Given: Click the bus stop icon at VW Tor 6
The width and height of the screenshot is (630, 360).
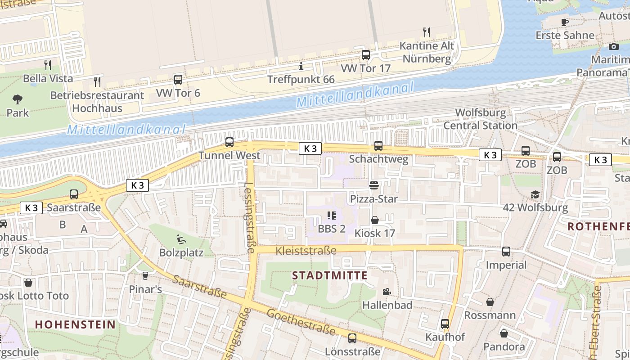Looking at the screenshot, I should [178, 80].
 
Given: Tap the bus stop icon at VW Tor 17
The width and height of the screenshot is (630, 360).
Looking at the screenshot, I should [366, 55].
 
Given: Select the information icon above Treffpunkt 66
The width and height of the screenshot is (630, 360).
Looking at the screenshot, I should [301, 67].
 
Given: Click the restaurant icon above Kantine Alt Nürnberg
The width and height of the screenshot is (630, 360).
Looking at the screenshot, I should [427, 32].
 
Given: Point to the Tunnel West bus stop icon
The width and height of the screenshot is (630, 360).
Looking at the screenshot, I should [229, 142].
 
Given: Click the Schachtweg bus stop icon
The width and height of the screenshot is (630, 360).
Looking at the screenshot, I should [378, 146].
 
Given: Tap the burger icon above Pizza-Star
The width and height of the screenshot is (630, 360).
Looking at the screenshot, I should [373, 185].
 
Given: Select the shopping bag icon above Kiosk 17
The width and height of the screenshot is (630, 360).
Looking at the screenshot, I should [374, 220].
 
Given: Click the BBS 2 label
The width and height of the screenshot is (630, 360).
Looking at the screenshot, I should [332, 229].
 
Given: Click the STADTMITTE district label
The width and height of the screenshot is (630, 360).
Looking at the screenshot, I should [330, 275].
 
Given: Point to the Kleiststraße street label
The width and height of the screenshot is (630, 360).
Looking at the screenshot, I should [306, 251].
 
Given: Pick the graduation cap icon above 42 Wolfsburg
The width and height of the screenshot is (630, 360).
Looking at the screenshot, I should [535, 194].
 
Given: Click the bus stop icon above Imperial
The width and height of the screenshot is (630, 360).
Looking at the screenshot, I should [506, 252].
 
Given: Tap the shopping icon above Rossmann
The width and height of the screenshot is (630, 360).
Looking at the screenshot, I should [490, 302].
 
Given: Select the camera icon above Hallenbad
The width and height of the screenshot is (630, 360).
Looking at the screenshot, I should [387, 292].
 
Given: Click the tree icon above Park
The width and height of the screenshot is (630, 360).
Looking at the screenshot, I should [18, 99].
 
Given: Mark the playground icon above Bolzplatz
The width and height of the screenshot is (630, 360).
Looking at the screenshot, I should [181, 239].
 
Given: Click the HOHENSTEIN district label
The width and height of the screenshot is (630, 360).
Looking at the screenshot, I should [75, 324].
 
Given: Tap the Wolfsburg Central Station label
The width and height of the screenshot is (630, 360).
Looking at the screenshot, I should [481, 119].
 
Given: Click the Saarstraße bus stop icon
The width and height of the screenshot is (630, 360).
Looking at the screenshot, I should [74, 194].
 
